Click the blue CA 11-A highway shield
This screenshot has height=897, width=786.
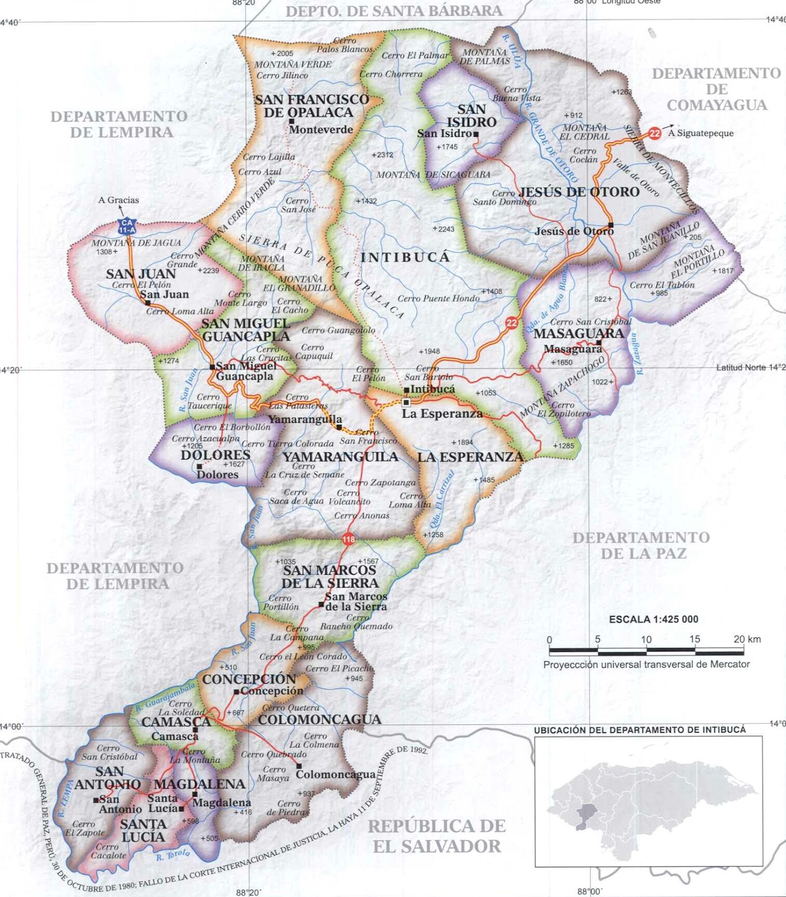pyautogui.click(x=127, y=226)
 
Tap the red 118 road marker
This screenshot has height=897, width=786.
pyautogui.click(x=348, y=539)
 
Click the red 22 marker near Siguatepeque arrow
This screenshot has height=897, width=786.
pyautogui.click(x=655, y=133)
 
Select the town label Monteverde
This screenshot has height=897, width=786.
pyautogui.click(x=321, y=130)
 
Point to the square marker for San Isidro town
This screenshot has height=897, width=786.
pyautogui.click(x=475, y=135)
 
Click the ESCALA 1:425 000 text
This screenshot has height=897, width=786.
pyautogui.click(x=653, y=619)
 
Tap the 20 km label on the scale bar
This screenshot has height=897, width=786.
pyautogui.click(x=747, y=639)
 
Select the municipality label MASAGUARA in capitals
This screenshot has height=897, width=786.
pyautogui.click(x=579, y=334)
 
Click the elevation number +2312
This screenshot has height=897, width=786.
pyautogui.click(x=382, y=155)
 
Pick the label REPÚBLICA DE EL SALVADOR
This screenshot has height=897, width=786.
pyautogui.click(x=437, y=835)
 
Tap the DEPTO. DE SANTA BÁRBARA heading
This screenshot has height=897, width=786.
pyautogui.click(x=394, y=11)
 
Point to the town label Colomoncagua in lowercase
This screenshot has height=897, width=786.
pyautogui.click(x=335, y=774)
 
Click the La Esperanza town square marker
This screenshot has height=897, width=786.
pyautogui.click(x=406, y=403)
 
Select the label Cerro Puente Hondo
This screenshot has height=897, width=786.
pyautogui.click(x=438, y=298)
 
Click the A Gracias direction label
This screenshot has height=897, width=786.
pyautogui.click(x=118, y=200)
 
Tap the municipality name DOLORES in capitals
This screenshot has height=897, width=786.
pyautogui.click(x=215, y=455)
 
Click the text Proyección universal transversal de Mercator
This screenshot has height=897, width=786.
pyautogui.click(x=646, y=664)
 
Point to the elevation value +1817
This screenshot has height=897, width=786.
pyautogui.click(x=722, y=271)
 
